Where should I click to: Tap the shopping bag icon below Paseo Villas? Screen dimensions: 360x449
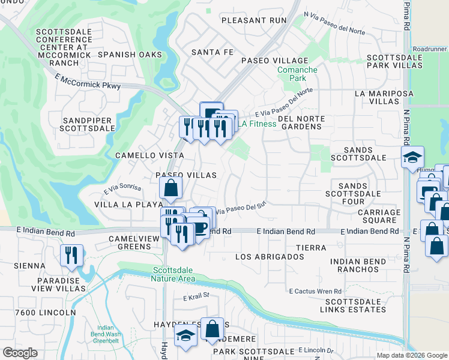[x=171, y=187]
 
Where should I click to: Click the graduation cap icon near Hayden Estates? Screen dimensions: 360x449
[x=185, y=336]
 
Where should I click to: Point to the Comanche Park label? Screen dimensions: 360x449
[x=297, y=74]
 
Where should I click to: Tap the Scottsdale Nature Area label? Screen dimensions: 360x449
[x=174, y=274]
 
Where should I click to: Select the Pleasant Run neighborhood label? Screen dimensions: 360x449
[x=254, y=20]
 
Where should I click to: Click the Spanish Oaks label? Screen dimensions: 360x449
[x=130, y=55]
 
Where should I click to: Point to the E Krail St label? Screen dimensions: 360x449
[x=196, y=295]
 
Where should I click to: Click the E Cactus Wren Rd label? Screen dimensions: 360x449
[x=316, y=291]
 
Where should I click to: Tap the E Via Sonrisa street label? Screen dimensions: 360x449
[x=122, y=190]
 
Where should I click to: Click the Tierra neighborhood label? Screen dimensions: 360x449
[x=311, y=248]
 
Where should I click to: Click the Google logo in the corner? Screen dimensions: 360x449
[x=20, y=353]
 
